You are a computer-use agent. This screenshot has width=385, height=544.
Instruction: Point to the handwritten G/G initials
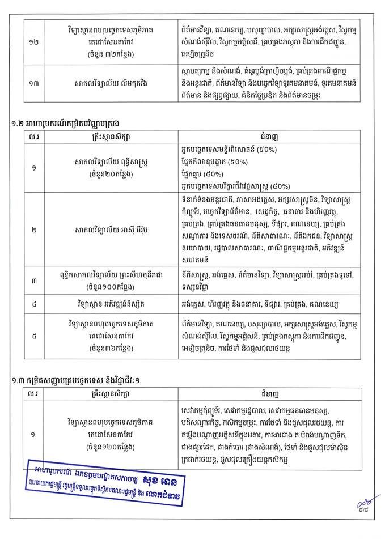click(x=357, y=505)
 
